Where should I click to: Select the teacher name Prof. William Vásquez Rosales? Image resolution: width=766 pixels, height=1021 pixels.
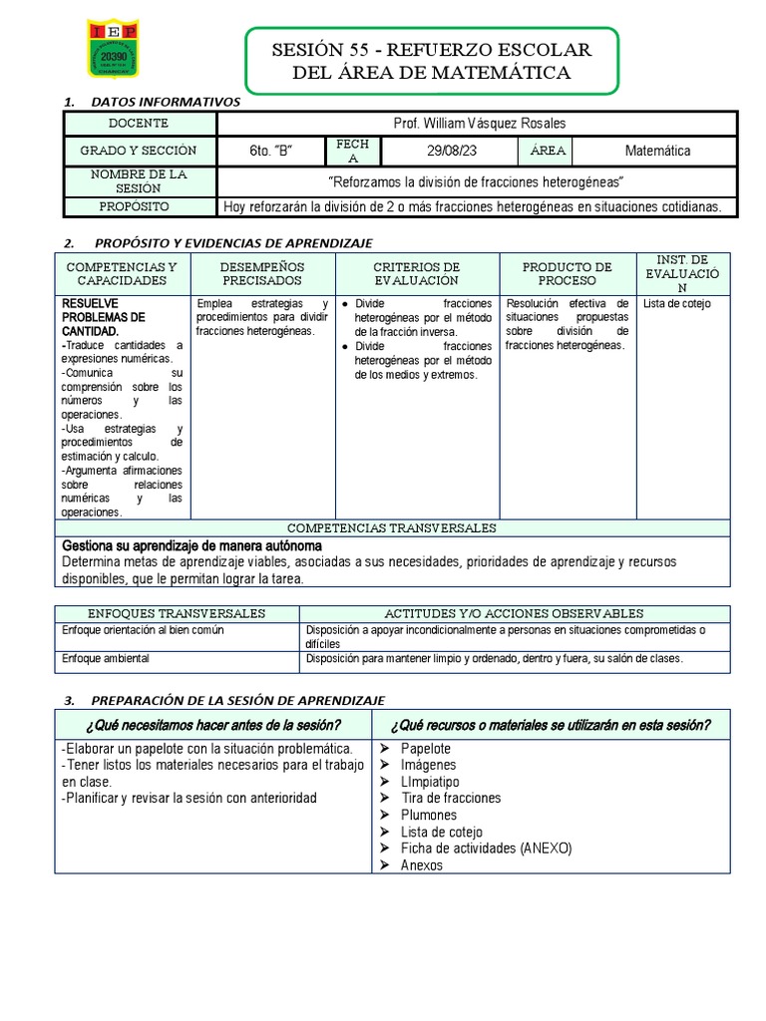click(480, 124)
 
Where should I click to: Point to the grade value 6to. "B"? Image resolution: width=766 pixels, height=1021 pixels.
click(270, 151)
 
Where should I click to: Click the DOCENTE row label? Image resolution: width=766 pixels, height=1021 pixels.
click(140, 124)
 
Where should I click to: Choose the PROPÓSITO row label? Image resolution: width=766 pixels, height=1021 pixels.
click(140, 206)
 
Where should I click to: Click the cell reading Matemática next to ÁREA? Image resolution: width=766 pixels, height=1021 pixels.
click(657, 151)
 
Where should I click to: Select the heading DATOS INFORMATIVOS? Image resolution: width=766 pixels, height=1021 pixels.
click(166, 102)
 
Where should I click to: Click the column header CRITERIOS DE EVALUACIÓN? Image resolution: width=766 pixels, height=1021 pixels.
click(416, 274)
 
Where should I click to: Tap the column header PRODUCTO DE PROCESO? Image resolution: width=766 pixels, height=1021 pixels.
click(567, 274)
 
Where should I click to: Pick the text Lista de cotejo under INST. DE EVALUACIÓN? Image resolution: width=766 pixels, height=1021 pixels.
click(677, 304)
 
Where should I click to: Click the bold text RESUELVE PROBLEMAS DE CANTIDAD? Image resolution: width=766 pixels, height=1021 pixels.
click(104, 317)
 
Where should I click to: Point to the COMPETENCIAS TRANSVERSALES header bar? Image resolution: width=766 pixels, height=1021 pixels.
click(391, 528)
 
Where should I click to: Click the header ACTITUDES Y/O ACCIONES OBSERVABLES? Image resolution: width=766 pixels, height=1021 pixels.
click(514, 613)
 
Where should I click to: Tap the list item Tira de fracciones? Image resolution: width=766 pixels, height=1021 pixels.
click(451, 798)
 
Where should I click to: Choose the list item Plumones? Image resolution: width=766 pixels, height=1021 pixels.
click(429, 815)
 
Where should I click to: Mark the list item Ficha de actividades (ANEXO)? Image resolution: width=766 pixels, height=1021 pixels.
click(487, 849)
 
